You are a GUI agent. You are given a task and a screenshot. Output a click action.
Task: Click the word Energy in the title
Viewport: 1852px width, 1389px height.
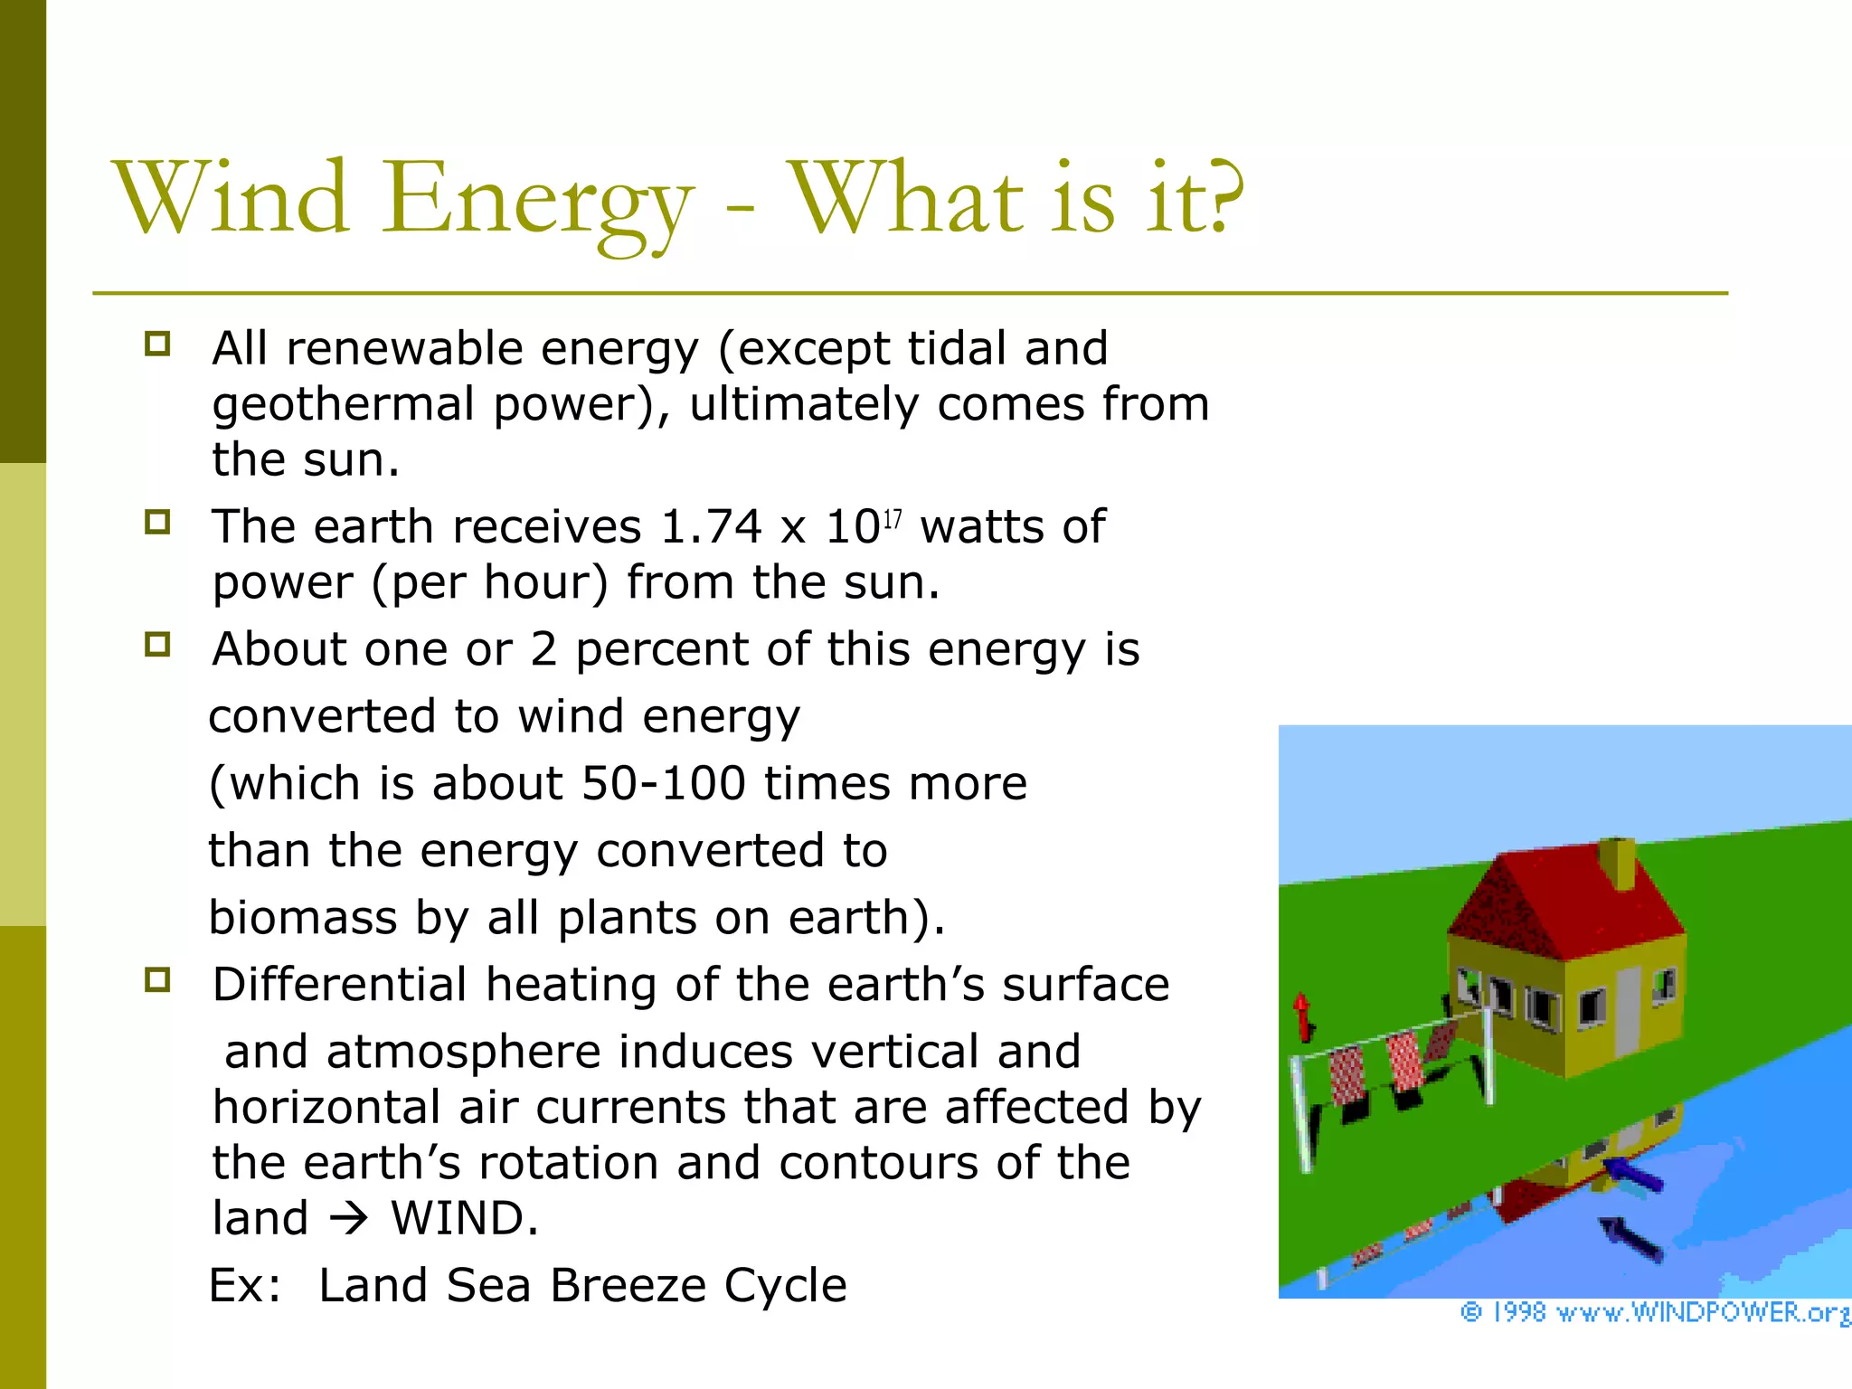tap(537, 201)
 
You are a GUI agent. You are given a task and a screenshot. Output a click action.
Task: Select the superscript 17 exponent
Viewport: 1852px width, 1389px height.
tap(893, 519)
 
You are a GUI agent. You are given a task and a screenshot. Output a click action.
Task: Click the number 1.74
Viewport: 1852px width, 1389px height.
tap(711, 527)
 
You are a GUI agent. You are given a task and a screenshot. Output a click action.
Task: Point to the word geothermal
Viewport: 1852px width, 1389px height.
tap(343, 405)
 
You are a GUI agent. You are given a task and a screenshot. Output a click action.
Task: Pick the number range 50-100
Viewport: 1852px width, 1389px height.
tap(663, 783)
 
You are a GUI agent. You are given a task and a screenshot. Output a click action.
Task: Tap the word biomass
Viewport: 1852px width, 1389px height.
tap(302, 919)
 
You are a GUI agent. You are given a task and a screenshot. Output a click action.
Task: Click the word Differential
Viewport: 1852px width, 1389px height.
tap(340, 985)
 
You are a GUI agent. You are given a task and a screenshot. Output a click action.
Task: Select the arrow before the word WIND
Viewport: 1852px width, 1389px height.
tap(349, 1220)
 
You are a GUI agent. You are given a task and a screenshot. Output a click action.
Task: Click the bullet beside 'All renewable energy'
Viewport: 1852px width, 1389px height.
tap(157, 345)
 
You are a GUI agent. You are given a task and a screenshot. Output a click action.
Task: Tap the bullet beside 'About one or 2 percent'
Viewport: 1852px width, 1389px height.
tap(157, 645)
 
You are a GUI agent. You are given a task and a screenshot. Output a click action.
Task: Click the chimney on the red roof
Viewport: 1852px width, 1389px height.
tap(1617, 864)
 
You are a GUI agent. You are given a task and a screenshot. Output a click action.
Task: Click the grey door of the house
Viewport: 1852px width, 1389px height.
tap(1627, 1008)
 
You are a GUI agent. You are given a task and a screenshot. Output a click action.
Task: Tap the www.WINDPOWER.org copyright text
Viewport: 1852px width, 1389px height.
tap(1655, 1312)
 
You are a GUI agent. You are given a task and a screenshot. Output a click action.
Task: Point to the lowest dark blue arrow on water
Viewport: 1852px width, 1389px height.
tap(1633, 1240)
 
